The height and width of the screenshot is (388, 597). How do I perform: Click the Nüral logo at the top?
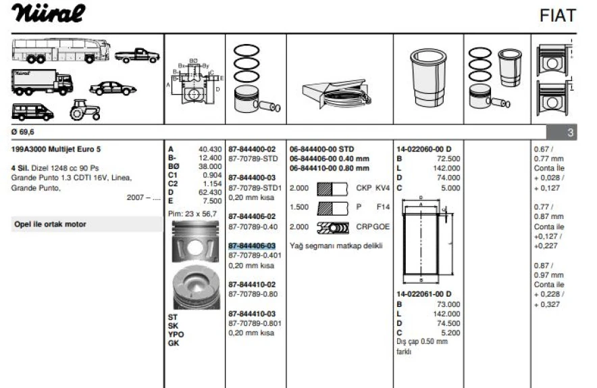47,14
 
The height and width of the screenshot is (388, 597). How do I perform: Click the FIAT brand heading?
557,16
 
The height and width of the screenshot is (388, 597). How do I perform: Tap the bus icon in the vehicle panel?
61,49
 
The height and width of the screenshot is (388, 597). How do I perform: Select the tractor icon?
84,109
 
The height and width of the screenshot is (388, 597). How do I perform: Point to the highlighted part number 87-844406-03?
252,245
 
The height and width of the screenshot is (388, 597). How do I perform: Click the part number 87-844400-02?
252,149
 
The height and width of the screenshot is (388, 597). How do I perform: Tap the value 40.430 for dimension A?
209,149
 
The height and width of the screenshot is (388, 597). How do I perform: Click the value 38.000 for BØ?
209,166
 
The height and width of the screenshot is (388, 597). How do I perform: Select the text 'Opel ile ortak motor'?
50,224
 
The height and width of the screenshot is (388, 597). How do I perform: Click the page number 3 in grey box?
570,133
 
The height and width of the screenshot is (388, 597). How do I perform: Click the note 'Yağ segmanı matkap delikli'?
336,245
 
